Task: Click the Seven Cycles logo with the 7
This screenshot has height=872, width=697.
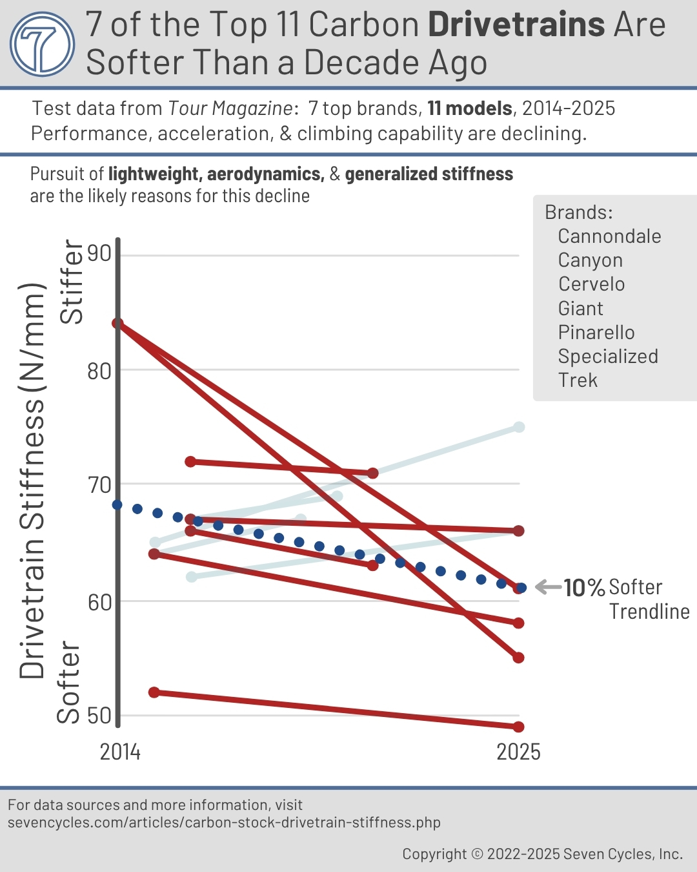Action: pos(43,44)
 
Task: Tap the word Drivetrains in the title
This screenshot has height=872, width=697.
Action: pos(516,25)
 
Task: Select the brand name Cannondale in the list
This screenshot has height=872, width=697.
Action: pos(609,236)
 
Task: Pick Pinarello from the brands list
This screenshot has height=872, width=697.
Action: pos(596,333)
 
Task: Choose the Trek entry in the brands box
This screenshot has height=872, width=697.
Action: pos(578,380)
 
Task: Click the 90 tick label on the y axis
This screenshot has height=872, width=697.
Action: pos(99,253)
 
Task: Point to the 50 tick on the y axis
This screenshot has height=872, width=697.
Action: pos(99,716)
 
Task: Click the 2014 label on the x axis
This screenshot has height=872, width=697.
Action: pos(120,753)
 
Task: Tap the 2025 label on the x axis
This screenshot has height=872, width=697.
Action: pos(518,753)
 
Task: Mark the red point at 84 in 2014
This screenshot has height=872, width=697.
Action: pos(118,323)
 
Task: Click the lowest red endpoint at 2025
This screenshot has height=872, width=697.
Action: pos(518,727)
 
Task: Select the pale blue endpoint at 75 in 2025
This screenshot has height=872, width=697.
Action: pos(519,427)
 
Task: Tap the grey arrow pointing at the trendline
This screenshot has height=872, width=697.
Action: pos(548,587)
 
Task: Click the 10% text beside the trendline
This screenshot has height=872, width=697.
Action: pos(584,588)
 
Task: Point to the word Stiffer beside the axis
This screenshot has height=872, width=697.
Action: pos(72,282)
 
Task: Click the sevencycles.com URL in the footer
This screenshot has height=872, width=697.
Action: pos(224,822)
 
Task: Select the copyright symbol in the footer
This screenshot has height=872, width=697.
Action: pos(477,855)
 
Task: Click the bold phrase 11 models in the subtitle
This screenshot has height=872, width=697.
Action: pos(470,109)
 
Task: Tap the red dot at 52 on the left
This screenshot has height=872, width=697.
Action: pos(154,692)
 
